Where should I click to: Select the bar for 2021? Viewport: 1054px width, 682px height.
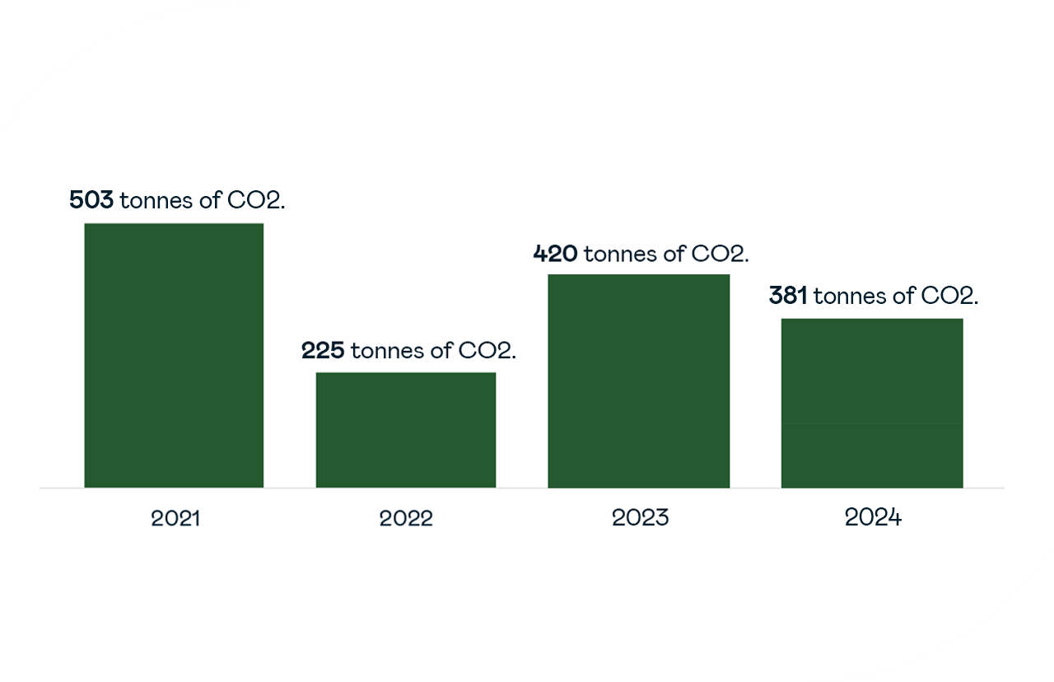point(174,355)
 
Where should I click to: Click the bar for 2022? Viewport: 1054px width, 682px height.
point(406,430)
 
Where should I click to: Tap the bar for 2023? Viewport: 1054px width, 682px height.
point(639,381)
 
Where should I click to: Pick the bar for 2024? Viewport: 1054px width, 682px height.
point(872,403)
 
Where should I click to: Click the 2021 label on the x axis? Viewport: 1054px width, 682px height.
point(175,518)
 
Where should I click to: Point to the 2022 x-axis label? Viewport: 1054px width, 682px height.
point(406,518)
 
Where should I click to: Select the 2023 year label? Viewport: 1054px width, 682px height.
point(640,518)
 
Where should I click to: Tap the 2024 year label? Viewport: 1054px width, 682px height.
point(873,518)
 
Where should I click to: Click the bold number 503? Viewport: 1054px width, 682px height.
point(91,200)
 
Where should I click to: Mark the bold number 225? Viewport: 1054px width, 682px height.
point(323,351)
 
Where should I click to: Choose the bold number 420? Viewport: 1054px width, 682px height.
point(555,254)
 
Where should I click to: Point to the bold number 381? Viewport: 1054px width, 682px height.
point(788,297)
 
